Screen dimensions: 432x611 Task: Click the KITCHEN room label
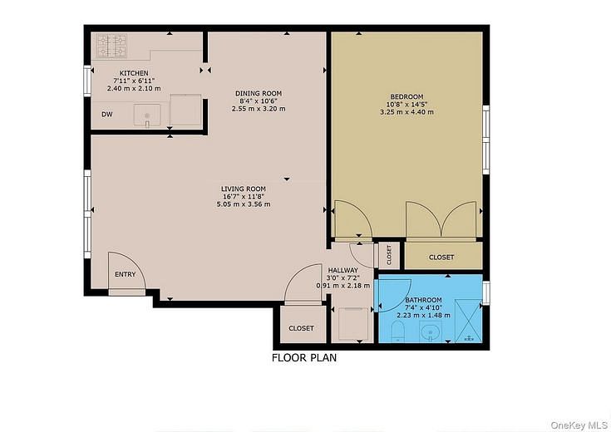[133, 73]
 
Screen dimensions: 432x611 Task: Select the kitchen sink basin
[147, 115]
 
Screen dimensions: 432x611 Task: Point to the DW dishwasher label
[107, 115]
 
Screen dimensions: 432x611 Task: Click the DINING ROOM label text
[259, 93]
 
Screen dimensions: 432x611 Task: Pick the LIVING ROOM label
[243, 189]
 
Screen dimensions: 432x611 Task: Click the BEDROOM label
[407, 96]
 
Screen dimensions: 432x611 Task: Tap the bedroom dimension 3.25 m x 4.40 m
[407, 112]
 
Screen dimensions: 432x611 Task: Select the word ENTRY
[125, 275]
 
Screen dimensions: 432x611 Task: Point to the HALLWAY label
[342, 270]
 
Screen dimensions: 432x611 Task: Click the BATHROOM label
[423, 300]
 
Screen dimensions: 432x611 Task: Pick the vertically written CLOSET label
[388, 254]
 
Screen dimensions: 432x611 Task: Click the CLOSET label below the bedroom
[441, 258]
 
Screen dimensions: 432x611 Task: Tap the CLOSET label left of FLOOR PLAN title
[301, 328]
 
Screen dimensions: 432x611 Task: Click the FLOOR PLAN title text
[304, 359]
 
